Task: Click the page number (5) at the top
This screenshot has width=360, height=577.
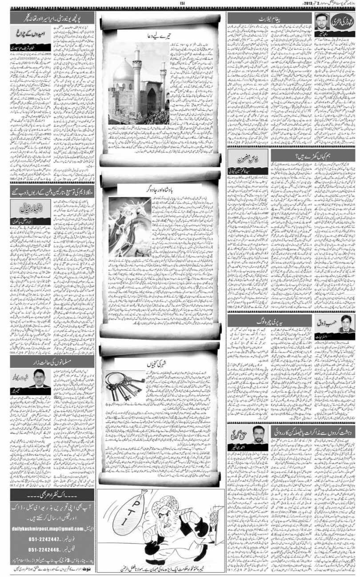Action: coord(182,4)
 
